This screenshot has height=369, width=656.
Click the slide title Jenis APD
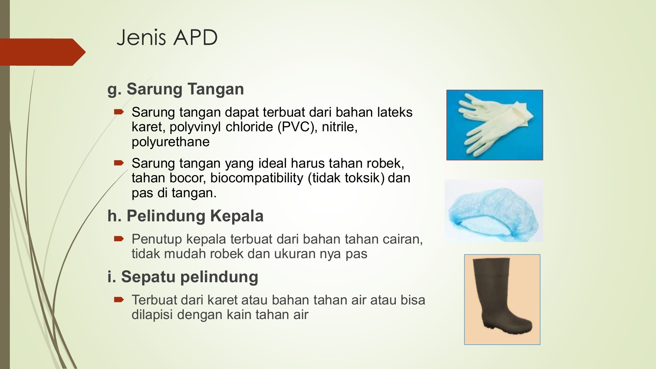[167, 38]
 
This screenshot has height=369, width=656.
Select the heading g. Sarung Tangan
[176, 89]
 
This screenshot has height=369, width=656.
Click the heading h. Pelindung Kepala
[185, 216]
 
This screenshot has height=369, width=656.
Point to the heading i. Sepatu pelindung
[183, 277]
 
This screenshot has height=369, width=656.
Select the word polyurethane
[171, 142]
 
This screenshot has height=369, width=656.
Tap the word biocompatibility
[257, 178]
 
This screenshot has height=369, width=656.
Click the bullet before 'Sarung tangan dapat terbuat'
[119, 112]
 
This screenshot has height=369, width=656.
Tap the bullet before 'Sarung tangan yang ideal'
[119, 163]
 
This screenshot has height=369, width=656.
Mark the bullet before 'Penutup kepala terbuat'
[119, 239]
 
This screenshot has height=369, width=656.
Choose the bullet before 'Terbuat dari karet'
[119, 300]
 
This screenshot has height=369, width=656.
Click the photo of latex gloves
[495, 125]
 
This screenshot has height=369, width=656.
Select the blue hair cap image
[494, 211]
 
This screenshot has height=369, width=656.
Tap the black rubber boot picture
[502, 299]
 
